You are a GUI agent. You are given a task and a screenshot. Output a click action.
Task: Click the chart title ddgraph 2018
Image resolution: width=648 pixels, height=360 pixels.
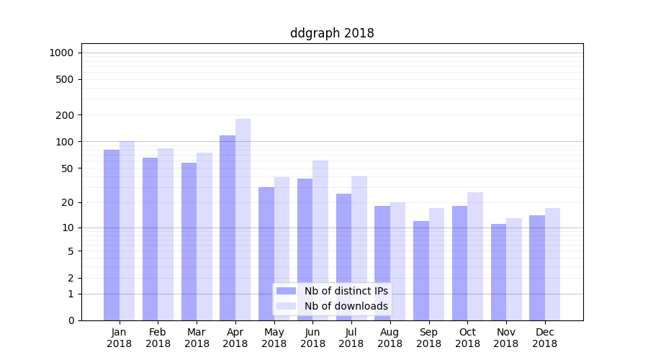click(x=332, y=33)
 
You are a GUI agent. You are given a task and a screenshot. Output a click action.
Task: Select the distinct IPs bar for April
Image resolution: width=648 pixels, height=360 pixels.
click(x=228, y=228)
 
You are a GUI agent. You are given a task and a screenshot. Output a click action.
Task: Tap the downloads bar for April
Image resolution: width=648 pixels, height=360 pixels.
click(x=243, y=220)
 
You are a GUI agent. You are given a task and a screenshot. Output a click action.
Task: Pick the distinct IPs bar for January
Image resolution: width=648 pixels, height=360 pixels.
click(x=112, y=235)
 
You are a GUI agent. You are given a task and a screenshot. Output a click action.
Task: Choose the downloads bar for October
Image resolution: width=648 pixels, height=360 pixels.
click(x=475, y=256)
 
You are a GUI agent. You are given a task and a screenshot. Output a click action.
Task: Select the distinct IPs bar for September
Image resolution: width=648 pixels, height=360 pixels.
click(x=421, y=271)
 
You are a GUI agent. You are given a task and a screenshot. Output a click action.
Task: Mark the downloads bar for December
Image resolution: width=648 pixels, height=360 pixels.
click(x=552, y=264)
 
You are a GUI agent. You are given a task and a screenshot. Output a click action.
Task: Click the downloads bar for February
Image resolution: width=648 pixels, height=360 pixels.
click(x=166, y=234)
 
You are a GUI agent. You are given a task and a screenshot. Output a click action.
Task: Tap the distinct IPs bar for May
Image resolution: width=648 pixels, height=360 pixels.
click(x=266, y=253)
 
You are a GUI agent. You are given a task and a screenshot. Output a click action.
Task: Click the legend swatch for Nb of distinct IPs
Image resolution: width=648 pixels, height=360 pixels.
click(x=287, y=291)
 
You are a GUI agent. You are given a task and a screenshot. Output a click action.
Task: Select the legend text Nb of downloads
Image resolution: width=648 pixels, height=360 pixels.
click(x=346, y=306)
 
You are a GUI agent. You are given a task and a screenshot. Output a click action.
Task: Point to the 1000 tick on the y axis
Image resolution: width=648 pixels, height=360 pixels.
click(x=61, y=53)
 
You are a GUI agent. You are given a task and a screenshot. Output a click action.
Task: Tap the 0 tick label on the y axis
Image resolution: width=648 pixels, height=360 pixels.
click(x=71, y=320)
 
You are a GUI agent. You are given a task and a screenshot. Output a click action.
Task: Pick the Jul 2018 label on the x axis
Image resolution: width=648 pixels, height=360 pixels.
click(x=351, y=338)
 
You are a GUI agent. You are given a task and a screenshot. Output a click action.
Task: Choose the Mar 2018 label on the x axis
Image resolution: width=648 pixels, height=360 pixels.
click(x=197, y=338)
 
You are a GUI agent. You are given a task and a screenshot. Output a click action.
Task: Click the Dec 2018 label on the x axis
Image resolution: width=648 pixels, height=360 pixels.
click(x=544, y=338)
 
